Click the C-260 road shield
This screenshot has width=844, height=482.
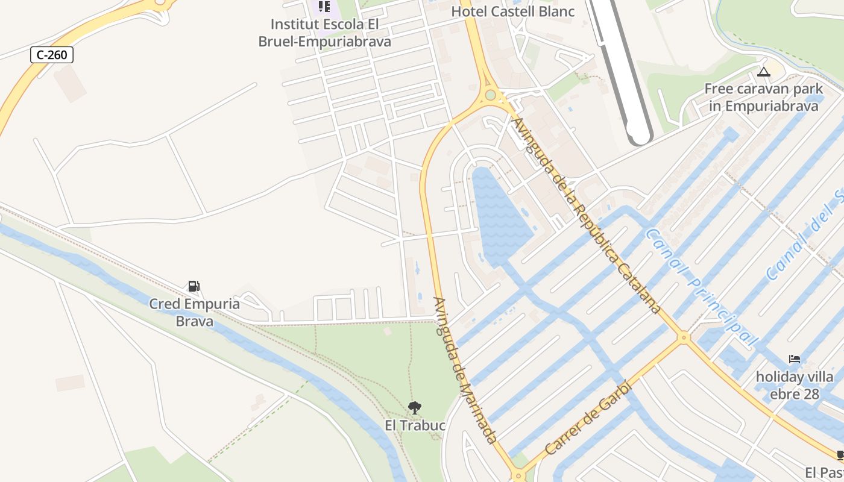tap(52, 55)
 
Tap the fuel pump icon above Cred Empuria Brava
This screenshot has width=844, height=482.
tap(194, 286)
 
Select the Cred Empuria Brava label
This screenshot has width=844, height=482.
tap(194, 312)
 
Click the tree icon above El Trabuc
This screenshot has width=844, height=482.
tap(414, 408)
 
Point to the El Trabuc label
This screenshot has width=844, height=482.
tap(415, 425)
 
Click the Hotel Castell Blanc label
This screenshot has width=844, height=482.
tap(512, 11)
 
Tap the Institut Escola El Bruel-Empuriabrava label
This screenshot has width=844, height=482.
tap(324, 33)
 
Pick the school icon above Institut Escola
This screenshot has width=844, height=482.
tap(324, 7)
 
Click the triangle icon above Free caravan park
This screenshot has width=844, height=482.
tap(764, 72)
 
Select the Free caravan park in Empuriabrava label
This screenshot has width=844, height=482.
tap(764, 98)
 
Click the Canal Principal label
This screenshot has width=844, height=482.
tap(702, 287)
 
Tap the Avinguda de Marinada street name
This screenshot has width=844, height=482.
tap(465, 369)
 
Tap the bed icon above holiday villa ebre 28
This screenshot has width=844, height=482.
tap(795, 360)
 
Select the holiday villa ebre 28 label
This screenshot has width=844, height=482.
tap(795, 386)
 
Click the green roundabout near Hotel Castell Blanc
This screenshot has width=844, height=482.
tap(490, 95)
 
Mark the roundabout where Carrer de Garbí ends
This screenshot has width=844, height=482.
tap(683, 337)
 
